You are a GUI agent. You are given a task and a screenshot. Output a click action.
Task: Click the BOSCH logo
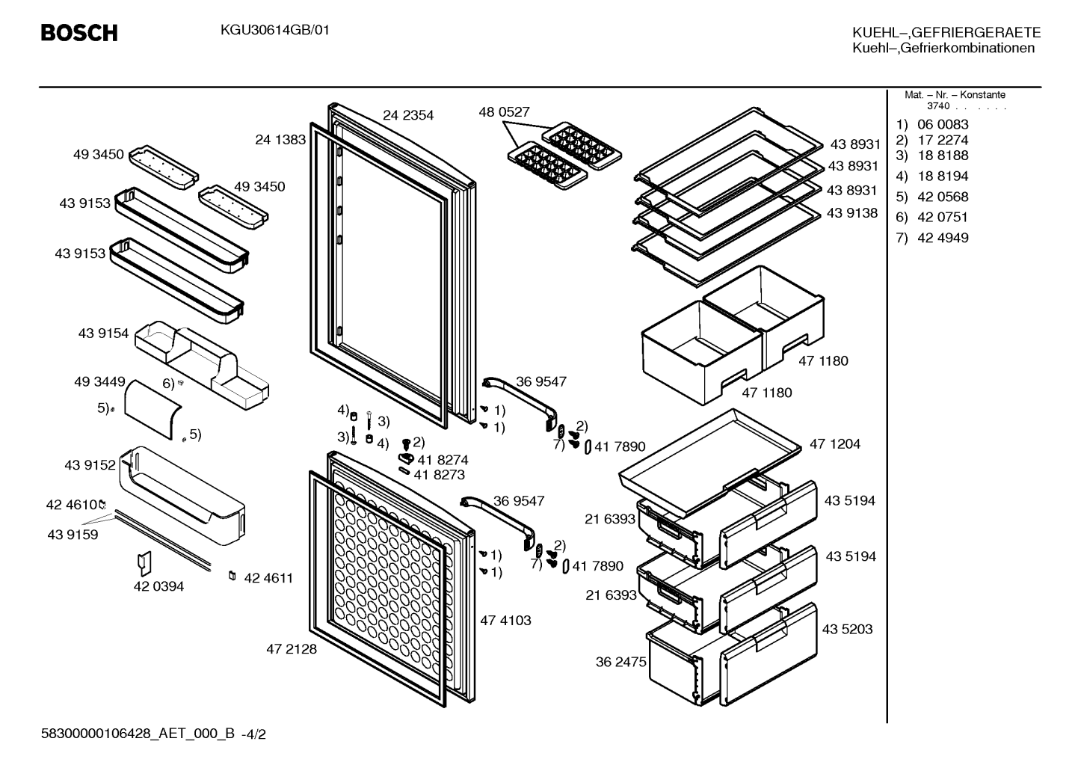(79, 33)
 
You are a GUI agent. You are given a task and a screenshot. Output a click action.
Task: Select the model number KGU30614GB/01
(275, 31)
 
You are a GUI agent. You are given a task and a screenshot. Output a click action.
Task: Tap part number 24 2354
(408, 115)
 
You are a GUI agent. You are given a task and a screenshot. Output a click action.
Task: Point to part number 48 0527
(504, 111)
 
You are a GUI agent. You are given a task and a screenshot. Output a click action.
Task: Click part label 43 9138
(852, 213)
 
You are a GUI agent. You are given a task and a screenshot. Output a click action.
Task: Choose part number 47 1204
(835, 443)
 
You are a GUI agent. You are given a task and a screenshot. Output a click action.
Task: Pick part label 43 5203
(847, 629)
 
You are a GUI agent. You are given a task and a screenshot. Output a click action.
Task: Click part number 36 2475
(620, 662)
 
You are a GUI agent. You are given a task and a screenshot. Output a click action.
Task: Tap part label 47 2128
(292, 649)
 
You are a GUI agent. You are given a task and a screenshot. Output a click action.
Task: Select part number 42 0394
(158, 586)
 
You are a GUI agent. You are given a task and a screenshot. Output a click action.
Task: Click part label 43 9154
(103, 333)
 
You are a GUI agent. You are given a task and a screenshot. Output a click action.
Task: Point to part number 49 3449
(99, 381)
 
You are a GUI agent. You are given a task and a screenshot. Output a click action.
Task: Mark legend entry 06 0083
(943, 124)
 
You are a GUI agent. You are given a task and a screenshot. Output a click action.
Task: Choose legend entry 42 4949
(943, 238)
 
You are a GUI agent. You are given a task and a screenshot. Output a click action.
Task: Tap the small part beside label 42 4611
(232, 576)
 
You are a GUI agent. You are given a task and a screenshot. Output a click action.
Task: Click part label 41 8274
(443, 460)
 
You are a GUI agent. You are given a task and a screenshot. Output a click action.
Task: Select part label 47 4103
(505, 620)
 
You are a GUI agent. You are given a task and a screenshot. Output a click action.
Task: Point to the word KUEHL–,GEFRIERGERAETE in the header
(946, 32)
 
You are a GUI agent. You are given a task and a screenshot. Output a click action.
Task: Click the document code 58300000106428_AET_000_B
(138, 734)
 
